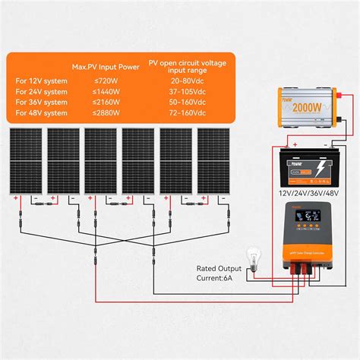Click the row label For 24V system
(37, 90)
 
